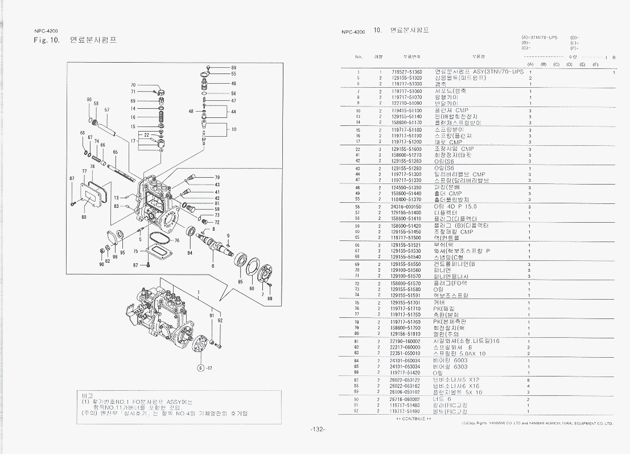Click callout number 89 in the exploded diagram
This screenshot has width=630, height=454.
(x=233, y=68)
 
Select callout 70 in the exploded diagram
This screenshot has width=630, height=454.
(x=133, y=85)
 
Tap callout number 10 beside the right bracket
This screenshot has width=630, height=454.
(x=233, y=129)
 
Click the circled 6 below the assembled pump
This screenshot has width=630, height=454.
(x=201, y=367)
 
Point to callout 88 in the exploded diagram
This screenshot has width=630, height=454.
(x=270, y=298)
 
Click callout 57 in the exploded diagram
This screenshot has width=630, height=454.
(x=107, y=109)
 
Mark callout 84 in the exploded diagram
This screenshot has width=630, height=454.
(x=190, y=252)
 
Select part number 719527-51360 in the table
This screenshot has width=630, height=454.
(x=406, y=72)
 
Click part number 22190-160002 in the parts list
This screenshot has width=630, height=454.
(x=405, y=341)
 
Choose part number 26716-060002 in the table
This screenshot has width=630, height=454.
(x=405, y=399)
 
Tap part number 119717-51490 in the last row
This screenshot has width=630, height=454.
(x=405, y=411)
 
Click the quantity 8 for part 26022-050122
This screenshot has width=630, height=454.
(x=529, y=380)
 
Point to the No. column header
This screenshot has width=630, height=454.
(x=359, y=57)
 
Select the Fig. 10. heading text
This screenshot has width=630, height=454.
(x=47, y=40)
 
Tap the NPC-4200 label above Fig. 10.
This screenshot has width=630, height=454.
(x=47, y=31)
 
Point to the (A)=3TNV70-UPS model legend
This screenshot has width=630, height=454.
(x=539, y=37)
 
